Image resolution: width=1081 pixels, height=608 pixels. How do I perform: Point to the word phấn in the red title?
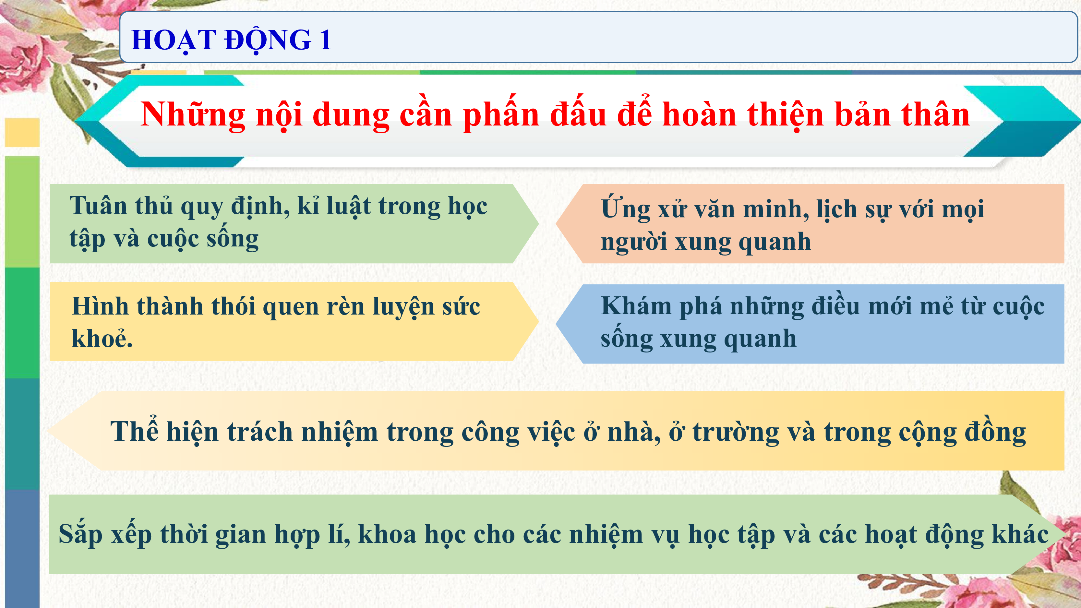point(501,114)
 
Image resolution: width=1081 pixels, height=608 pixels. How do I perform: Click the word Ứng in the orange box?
point(626,209)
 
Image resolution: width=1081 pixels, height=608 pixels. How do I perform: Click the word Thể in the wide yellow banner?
point(134,431)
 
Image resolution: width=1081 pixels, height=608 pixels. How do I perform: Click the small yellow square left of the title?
point(22,133)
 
